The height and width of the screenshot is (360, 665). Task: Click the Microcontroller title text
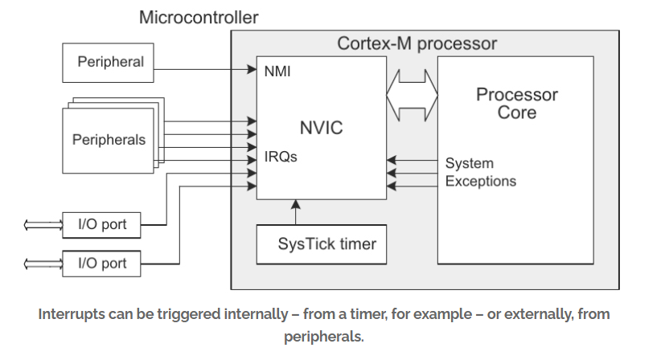(199, 17)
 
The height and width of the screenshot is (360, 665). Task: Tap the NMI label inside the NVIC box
(277, 72)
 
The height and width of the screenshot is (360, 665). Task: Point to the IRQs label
(281, 157)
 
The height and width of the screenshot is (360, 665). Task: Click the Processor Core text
(516, 103)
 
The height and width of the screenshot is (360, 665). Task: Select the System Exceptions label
(480, 172)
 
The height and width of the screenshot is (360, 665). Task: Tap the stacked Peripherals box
(109, 140)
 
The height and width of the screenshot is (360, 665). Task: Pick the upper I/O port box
(102, 225)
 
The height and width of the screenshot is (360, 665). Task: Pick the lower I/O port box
(102, 263)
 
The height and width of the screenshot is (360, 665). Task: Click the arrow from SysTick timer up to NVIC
(295, 213)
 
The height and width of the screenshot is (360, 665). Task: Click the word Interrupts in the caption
(73, 314)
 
